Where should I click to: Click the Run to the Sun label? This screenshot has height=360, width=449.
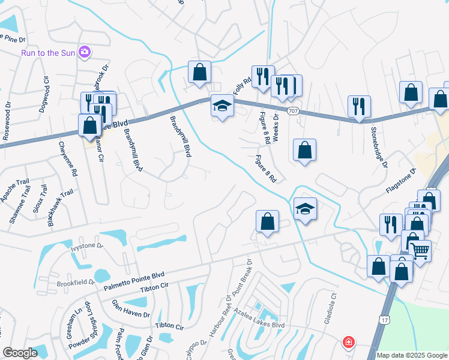(x=48, y=53)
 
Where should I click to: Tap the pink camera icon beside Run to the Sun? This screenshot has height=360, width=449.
(x=85, y=53)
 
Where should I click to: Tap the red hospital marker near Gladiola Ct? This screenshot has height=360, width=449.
(x=348, y=343)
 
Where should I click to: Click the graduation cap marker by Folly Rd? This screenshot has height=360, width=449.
(x=221, y=107)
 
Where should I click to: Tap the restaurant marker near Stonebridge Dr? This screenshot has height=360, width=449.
(x=359, y=107)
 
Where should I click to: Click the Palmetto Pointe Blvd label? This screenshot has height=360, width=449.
(x=134, y=279)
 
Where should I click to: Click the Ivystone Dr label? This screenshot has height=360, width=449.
(x=88, y=246)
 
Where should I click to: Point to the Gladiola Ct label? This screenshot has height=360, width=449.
(x=333, y=306)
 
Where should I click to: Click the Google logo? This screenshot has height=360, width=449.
(x=20, y=353)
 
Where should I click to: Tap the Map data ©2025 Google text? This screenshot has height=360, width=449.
(x=411, y=355)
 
